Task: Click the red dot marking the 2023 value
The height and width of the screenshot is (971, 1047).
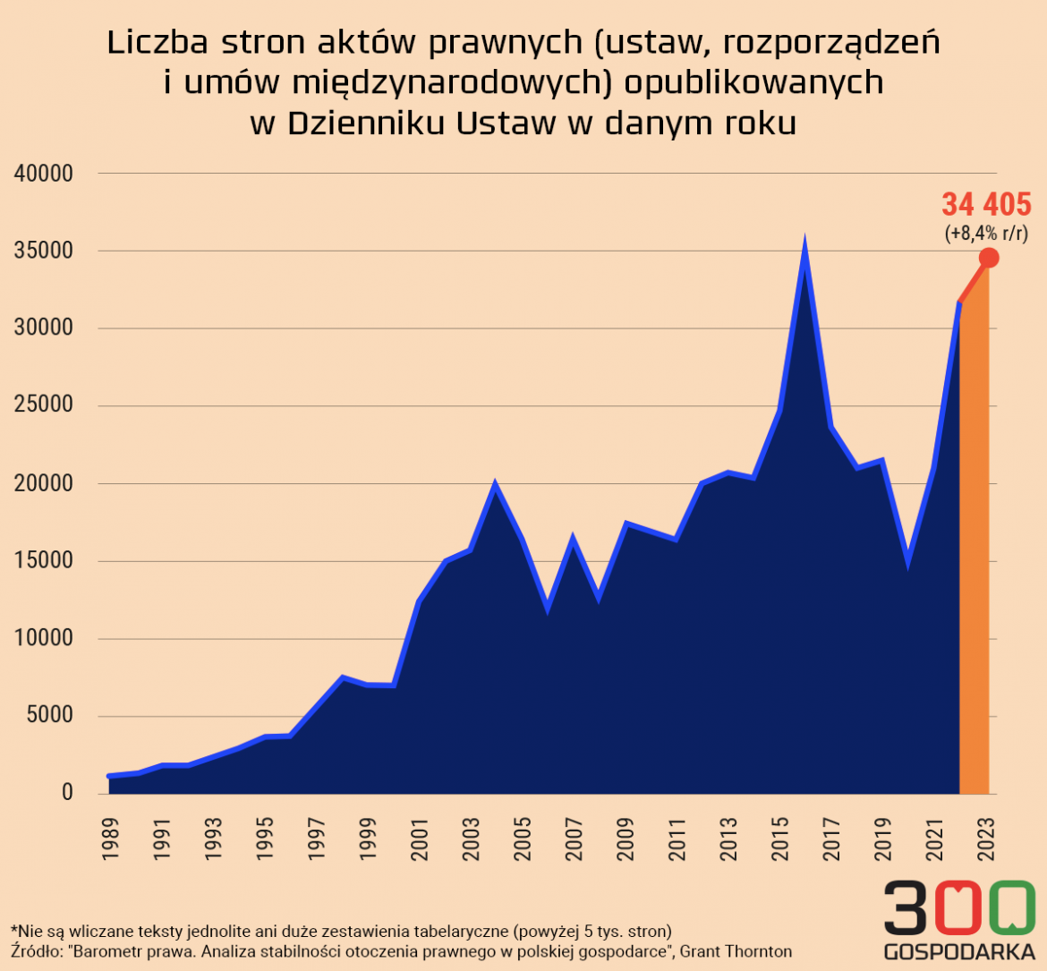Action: pyautogui.click(x=989, y=258)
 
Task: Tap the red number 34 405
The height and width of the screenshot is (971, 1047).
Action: pyautogui.click(x=986, y=205)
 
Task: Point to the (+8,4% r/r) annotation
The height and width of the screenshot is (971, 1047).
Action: pyautogui.click(x=986, y=234)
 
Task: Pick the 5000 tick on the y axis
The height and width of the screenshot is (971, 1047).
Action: pyautogui.click(x=52, y=717)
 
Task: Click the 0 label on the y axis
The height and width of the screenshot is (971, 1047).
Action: pyautogui.click(x=67, y=794)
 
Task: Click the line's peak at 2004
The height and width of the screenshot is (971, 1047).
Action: pyautogui.click(x=495, y=484)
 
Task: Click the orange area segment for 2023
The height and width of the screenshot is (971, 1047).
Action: pyautogui.click(x=975, y=555)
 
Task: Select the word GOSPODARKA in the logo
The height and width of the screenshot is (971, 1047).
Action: pyautogui.click(x=959, y=951)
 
